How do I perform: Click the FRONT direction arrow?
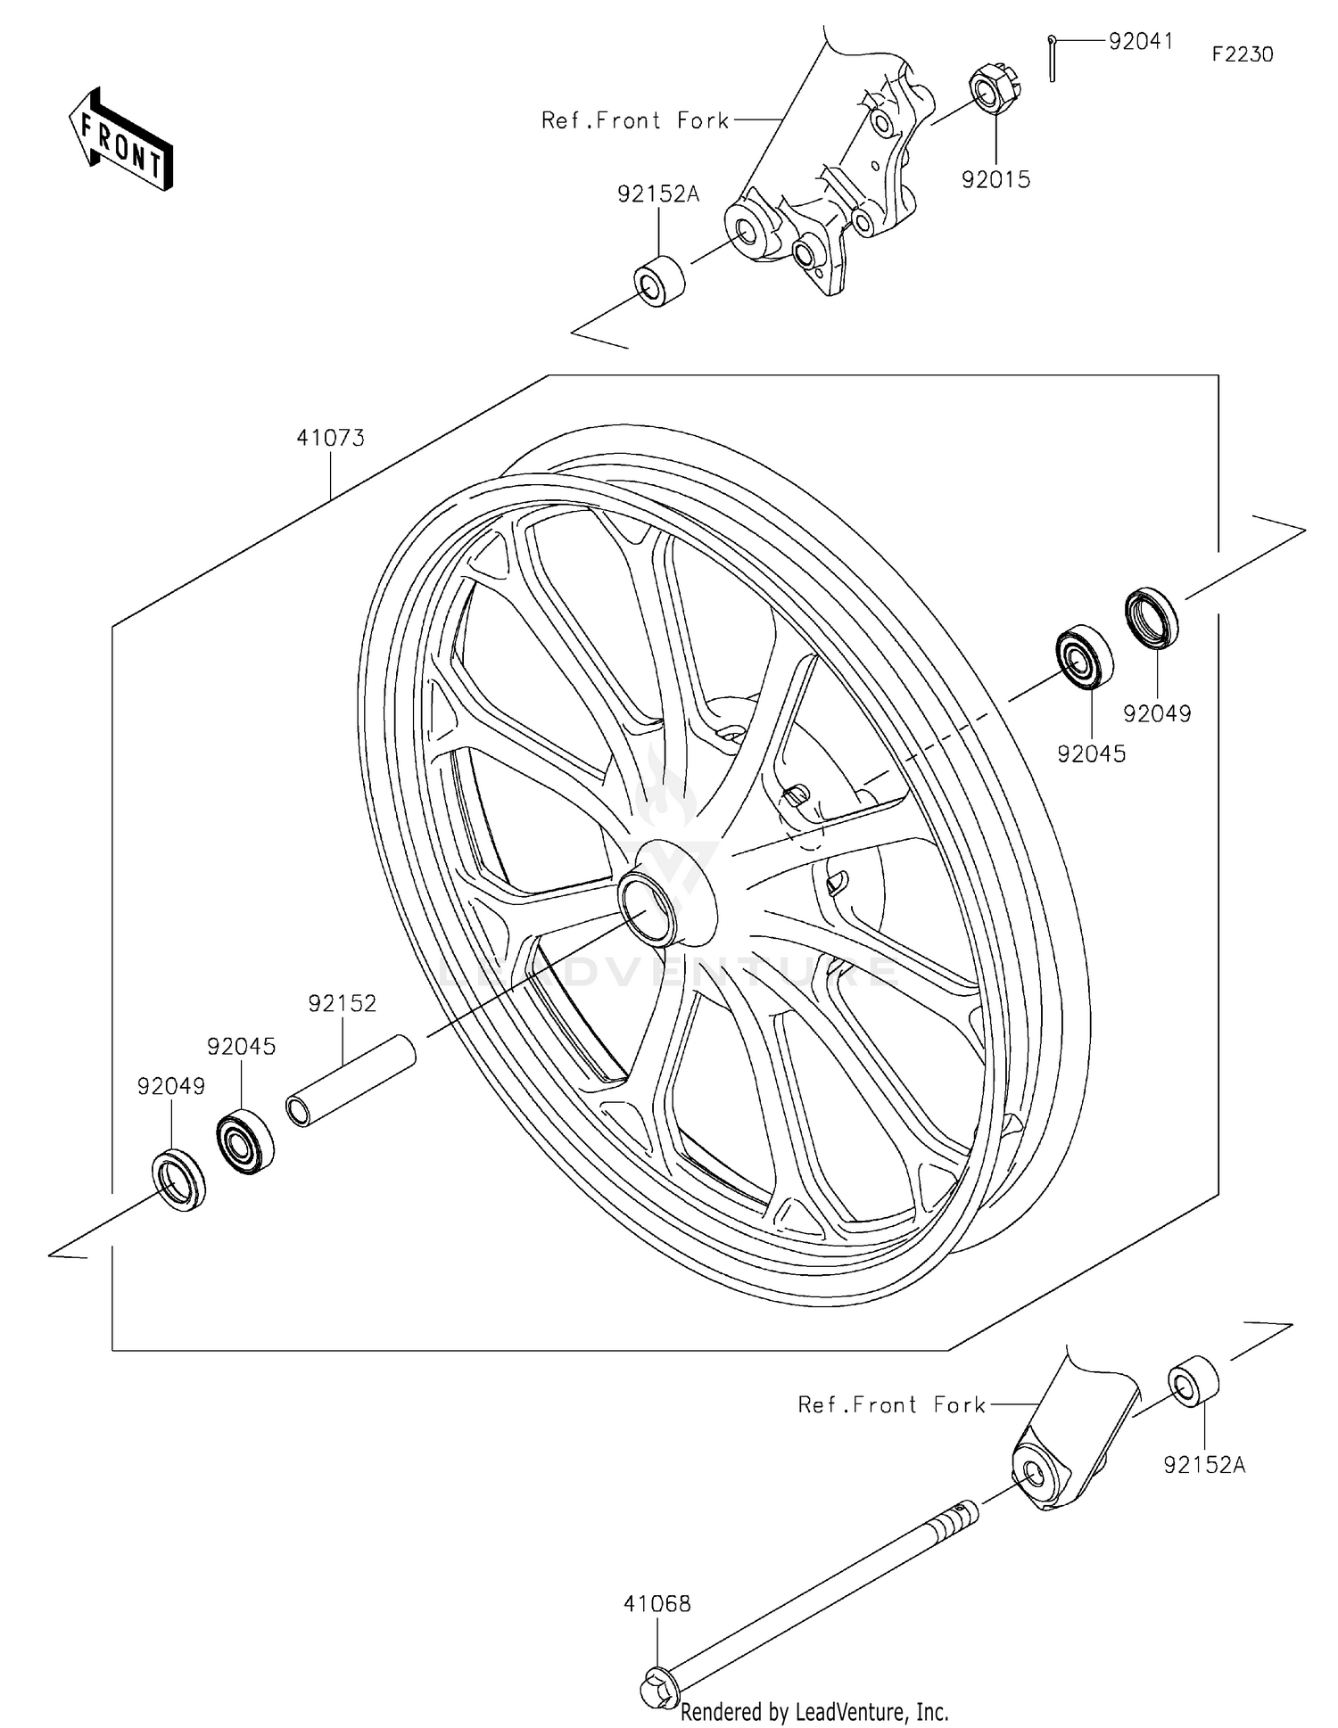pyautogui.click(x=120, y=140)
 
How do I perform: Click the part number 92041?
pyautogui.click(x=1140, y=42)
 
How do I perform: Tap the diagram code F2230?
pyautogui.click(x=1242, y=54)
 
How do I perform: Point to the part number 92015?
pyautogui.click(x=995, y=180)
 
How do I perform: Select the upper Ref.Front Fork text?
pyautogui.click(x=635, y=120)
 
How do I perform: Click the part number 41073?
pyautogui.click(x=331, y=438)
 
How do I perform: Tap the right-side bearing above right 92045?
pyautogui.click(x=1085, y=657)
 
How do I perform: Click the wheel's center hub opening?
pyautogui.click(x=648, y=908)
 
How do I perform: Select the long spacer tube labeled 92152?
pyautogui.click(x=351, y=1081)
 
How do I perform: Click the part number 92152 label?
pyautogui.click(x=343, y=1003)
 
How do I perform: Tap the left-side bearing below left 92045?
pyautogui.click(x=244, y=1141)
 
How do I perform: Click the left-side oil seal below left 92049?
pyautogui.click(x=179, y=1181)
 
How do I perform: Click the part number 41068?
pyautogui.click(x=657, y=1604)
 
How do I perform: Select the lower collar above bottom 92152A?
pyautogui.click(x=1193, y=1382)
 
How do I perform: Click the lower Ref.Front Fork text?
pyautogui.click(x=892, y=1405)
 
